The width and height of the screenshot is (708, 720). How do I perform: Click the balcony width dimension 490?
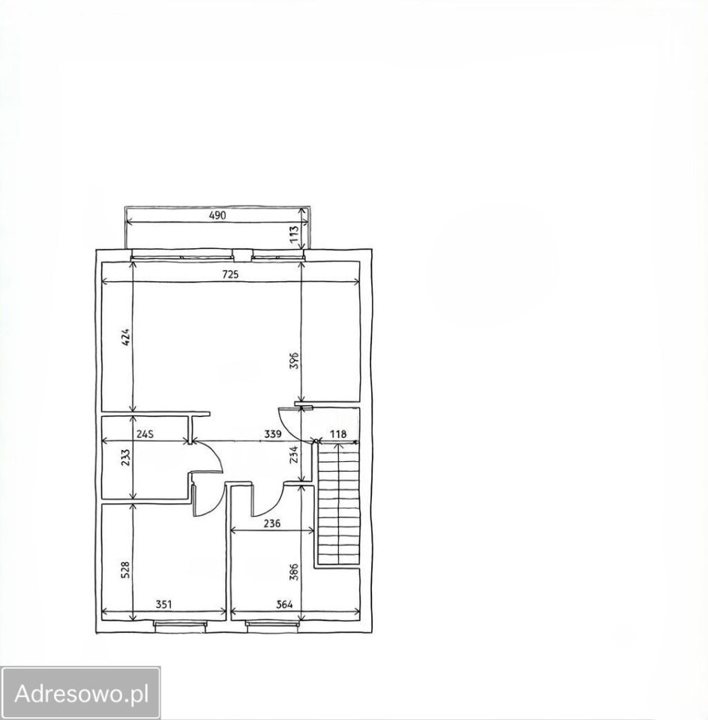point(217,215)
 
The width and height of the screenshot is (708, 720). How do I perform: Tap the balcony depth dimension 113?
point(294,235)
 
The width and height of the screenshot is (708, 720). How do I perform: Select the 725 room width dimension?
point(230,274)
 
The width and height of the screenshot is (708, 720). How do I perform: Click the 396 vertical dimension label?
point(295,361)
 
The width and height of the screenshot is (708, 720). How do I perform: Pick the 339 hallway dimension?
point(273,434)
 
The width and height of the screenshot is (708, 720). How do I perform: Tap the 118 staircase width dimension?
point(338,434)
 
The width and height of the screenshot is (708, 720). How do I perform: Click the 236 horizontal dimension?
point(271,523)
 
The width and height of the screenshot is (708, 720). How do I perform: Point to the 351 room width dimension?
point(163,604)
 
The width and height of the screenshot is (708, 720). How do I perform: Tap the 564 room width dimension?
point(285,604)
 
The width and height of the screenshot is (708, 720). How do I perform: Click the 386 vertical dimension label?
point(295,572)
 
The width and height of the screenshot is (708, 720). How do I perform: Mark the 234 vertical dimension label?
point(295,454)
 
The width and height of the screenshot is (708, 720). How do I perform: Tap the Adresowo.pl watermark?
point(81,693)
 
